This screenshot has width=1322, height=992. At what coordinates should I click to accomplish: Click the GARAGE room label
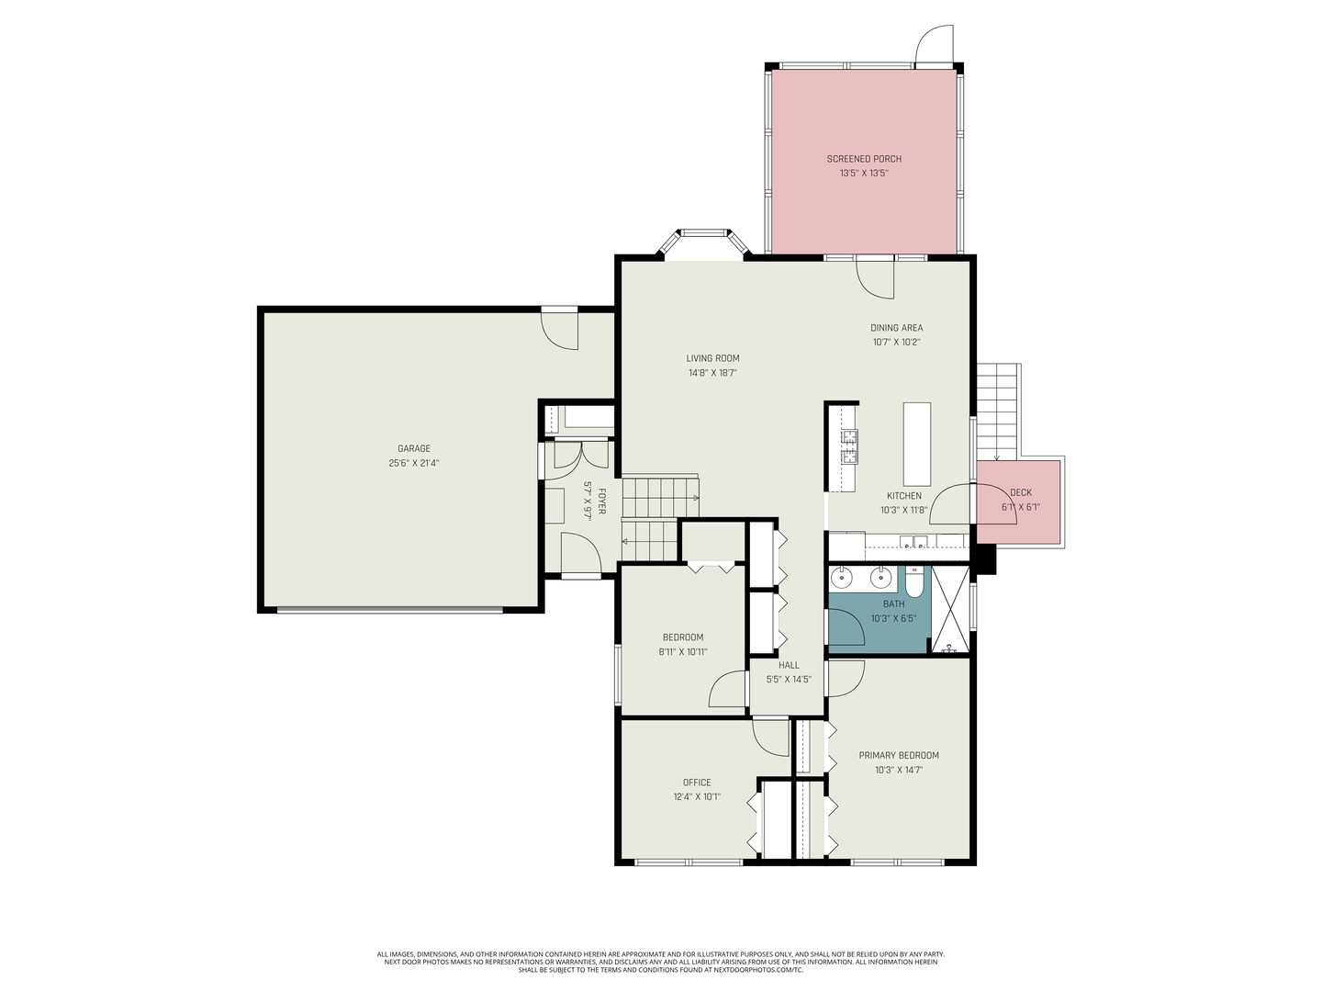click(x=413, y=448)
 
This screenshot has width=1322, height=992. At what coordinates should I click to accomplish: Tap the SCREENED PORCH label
click(x=864, y=159)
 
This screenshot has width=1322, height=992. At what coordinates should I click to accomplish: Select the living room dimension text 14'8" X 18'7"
click(x=712, y=373)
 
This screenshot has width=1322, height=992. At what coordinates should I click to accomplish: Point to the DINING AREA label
click(x=896, y=328)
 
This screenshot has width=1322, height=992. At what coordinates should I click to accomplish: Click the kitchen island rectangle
click(x=916, y=444)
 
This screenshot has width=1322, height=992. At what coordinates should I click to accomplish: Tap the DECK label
click(x=1020, y=492)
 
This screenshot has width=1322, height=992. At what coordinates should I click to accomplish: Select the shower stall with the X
click(x=950, y=610)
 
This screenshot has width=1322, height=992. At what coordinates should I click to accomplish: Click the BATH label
click(x=893, y=603)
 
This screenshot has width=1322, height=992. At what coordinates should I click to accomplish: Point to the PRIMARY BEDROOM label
click(x=899, y=755)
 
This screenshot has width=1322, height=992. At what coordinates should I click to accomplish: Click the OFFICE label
click(x=697, y=783)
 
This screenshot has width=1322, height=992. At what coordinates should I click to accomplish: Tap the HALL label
click(x=789, y=665)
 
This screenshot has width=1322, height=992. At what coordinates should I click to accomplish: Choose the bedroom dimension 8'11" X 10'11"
click(x=682, y=652)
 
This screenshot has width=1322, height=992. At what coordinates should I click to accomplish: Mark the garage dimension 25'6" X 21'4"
click(x=413, y=463)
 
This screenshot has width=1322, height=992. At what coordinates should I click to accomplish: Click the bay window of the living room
click(x=704, y=241)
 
